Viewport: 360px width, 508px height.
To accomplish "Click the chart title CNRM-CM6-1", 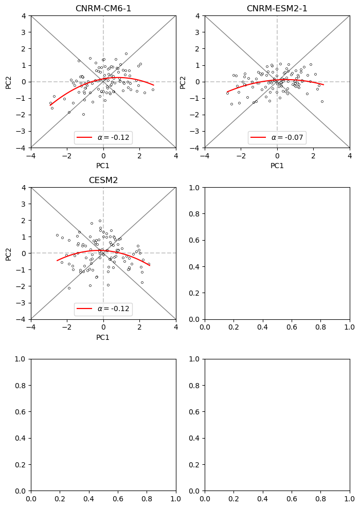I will coord(103,9).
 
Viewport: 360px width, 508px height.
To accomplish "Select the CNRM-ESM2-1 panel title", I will coord(277,9).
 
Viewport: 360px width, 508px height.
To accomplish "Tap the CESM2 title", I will coord(103,180).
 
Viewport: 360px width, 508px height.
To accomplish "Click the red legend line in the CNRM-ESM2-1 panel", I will coord(258,138).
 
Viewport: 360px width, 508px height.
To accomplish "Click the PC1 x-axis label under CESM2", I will coord(103,337).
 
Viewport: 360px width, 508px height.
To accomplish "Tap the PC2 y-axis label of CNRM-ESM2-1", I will coord(183,82).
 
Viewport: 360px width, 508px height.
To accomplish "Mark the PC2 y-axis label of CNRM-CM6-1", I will coord(9,82).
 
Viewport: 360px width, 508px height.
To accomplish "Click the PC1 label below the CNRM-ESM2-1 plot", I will coord(277,166).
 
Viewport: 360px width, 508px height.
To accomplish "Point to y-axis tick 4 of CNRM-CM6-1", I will coord(24,16).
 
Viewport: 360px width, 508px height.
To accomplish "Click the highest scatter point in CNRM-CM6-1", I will coord(126,53).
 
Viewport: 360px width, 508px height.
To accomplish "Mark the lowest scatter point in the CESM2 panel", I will coord(69,288).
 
